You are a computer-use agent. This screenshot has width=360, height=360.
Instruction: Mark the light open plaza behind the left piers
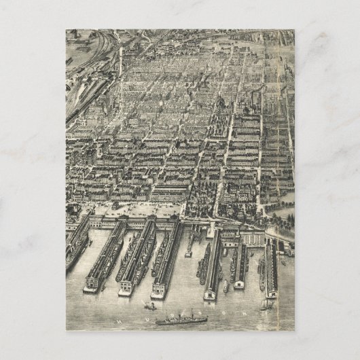[136, 207]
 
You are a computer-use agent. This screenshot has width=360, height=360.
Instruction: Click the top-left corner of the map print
[66, 30]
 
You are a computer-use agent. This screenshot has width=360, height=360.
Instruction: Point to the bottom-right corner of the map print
[294, 330]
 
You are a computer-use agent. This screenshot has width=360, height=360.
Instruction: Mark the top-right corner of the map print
[294, 30]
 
